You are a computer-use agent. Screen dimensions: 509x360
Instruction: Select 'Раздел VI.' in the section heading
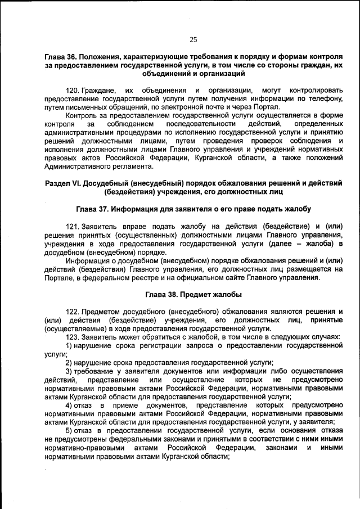click(64, 183)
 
